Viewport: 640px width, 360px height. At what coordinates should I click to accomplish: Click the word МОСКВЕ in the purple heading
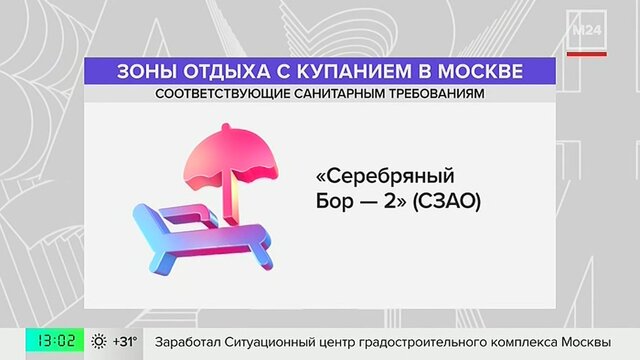tap(480, 71)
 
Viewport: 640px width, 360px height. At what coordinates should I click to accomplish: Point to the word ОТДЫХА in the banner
tap(226, 71)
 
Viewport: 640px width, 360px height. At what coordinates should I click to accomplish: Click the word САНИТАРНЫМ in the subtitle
tap(339, 94)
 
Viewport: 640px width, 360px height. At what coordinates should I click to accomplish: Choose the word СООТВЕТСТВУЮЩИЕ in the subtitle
tap(222, 94)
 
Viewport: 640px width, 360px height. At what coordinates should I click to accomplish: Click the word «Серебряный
tap(385, 177)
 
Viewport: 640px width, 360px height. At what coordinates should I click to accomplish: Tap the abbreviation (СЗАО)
tap(447, 201)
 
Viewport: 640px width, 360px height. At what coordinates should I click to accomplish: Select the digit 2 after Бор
tap(390, 201)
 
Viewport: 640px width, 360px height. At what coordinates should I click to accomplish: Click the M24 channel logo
tap(587, 30)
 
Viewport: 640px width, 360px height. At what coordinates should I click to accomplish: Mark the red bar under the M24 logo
tap(587, 54)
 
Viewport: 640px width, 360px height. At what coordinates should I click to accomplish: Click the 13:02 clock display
tap(55, 340)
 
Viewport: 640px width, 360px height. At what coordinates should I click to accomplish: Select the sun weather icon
tap(99, 341)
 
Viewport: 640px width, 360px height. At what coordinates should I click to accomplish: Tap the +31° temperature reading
tap(125, 341)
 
